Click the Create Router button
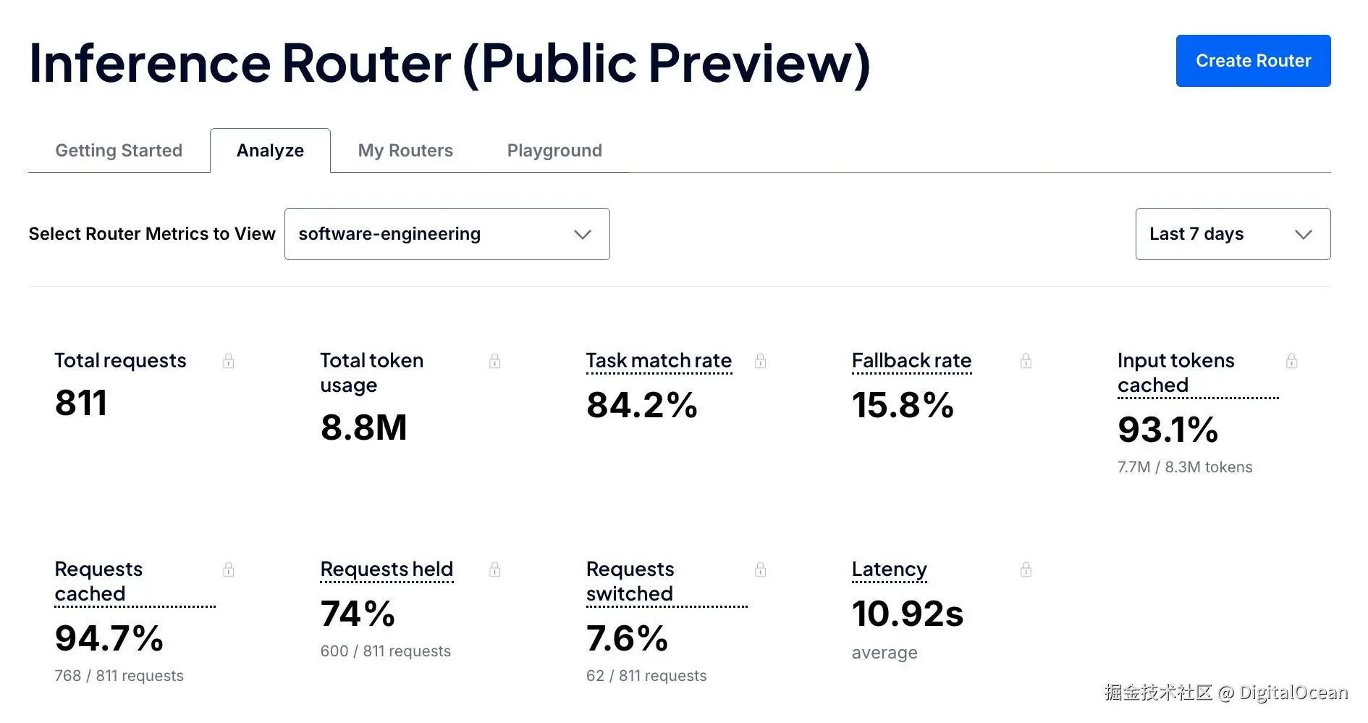pos(1253,61)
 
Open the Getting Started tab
pos(119,151)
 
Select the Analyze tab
pos(270,151)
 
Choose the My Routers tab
pos(405,151)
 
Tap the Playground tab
pos(554,151)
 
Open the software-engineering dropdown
pos(447,234)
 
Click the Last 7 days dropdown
pos(1233,234)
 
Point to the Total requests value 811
pos(81,403)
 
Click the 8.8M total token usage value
pos(363,427)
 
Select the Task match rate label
pos(659,360)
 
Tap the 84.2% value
pos(641,404)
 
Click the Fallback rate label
pos(911,360)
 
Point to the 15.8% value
pos(903,404)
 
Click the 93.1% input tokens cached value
pos(1168,429)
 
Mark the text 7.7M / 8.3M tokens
pos(1185,467)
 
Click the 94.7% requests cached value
pos(109,638)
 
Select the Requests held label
pos(387,569)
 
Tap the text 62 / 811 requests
pos(646,676)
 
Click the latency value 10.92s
pos(908,614)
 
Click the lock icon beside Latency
pos(1026,569)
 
